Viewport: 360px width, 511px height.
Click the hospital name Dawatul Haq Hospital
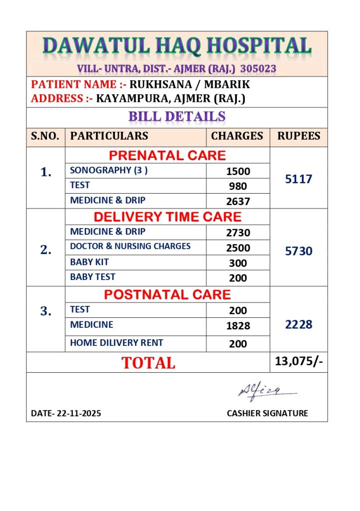(x=177, y=46)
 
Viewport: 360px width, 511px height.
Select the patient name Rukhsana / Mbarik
(x=190, y=84)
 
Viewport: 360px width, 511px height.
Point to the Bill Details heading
(x=177, y=117)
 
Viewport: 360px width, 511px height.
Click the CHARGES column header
(x=237, y=136)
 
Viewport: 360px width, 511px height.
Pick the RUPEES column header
(x=299, y=136)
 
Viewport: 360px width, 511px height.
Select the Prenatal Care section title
(x=167, y=155)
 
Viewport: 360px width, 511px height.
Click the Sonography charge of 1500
(x=238, y=171)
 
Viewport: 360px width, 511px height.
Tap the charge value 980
(x=238, y=186)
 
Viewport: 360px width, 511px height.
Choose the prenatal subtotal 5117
(x=299, y=179)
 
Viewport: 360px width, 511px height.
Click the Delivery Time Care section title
(x=167, y=217)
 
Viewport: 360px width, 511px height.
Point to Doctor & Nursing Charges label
(x=130, y=246)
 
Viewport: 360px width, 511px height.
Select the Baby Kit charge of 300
(x=238, y=263)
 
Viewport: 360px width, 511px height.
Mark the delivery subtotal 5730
(x=299, y=251)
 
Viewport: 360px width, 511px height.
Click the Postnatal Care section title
(x=167, y=294)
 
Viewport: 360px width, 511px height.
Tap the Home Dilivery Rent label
(x=116, y=343)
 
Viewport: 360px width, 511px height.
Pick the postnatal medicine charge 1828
(x=238, y=326)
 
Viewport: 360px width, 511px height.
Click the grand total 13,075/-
(x=299, y=361)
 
